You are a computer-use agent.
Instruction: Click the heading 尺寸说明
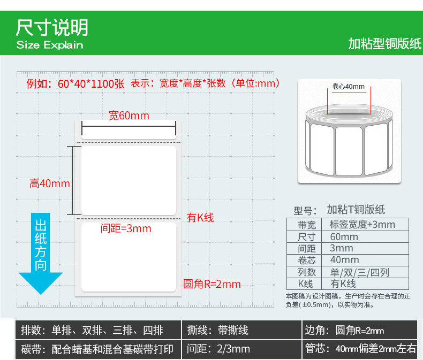(52, 27)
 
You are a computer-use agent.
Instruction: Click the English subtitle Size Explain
(50, 45)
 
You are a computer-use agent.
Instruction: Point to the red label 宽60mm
(129, 116)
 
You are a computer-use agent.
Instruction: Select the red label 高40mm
(50, 183)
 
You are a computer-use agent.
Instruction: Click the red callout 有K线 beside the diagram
(200, 218)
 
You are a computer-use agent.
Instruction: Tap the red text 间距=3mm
(126, 229)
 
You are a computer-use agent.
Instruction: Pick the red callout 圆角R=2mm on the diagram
(212, 284)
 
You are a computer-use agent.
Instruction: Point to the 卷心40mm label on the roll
(348, 87)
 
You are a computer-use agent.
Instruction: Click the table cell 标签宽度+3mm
(362, 225)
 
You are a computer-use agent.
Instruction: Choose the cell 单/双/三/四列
(360, 273)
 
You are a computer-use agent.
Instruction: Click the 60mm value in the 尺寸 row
(344, 237)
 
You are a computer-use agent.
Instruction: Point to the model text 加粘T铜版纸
(356, 210)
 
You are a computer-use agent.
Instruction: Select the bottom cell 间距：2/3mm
(218, 349)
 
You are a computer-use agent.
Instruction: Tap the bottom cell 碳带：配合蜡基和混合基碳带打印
(97, 349)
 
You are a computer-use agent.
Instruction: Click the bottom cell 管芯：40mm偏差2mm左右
(360, 349)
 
